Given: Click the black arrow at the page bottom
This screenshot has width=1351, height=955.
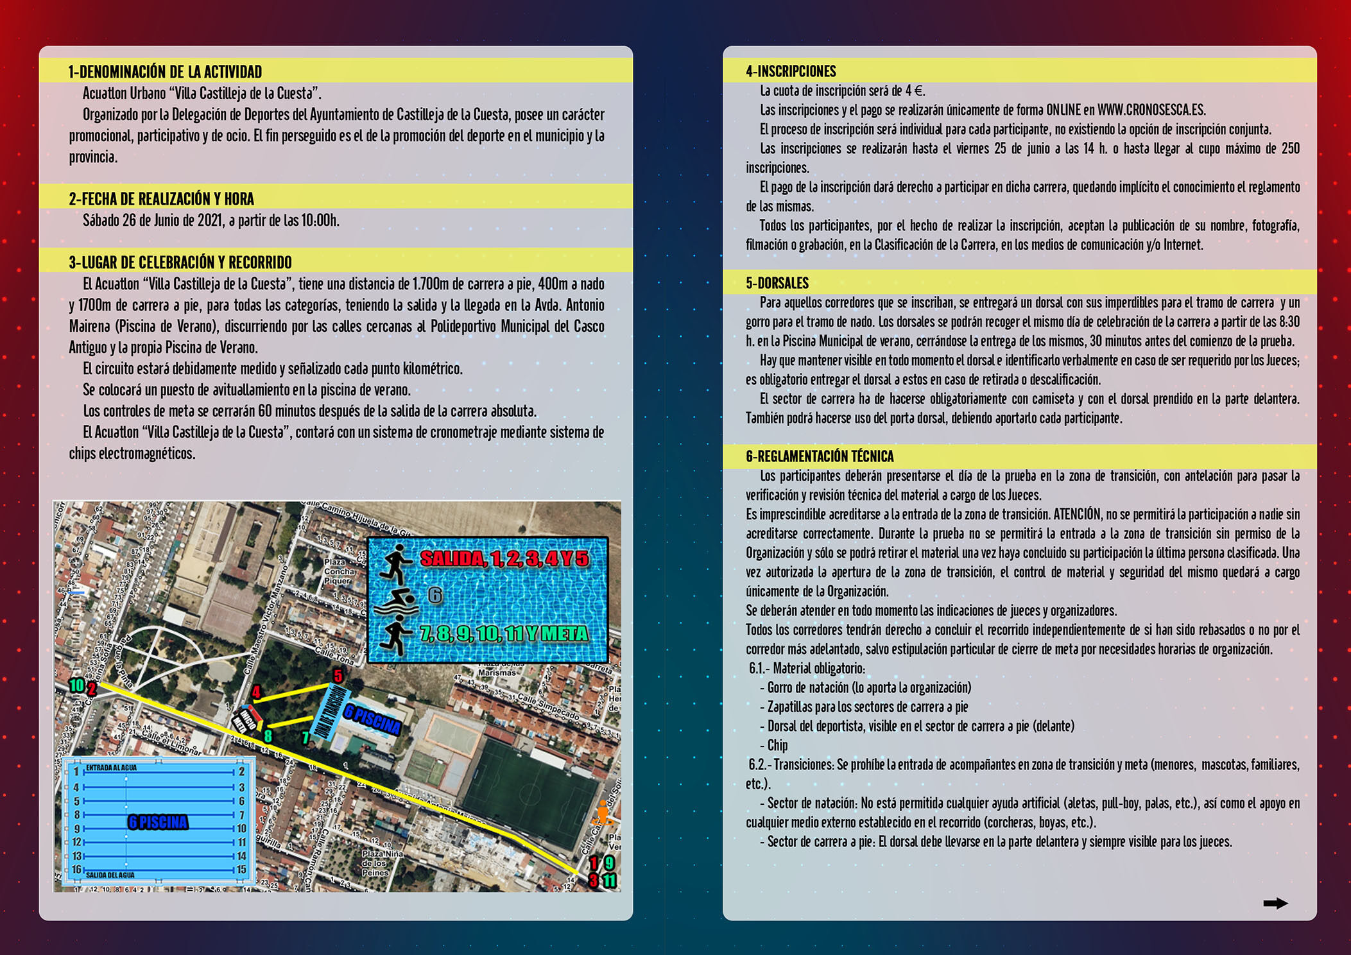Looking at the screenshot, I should click(x=1275, y=903).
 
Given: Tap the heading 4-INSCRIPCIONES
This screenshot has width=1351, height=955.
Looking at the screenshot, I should click(x=791, y=71).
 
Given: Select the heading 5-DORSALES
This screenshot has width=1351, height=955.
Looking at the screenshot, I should click(x=777, y=283).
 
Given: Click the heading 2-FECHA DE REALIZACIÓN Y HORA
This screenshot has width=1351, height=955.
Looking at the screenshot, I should click(x=161, y=199).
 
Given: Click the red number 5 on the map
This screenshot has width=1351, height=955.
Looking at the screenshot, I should click(x=338, y=675).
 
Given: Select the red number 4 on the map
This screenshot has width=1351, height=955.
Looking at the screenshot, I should click(x=256, y=692).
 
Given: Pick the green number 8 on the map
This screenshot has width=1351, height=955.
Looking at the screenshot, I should click(x=268, y=736).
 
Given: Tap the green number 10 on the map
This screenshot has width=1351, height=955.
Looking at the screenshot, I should click(x=76, y=685).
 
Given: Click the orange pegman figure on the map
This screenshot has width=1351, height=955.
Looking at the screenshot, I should click(x=602, y=813).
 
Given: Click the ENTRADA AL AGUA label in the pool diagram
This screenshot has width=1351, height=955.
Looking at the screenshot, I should click(x=111, y=768).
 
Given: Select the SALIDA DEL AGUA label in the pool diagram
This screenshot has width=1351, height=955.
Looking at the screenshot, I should click(x=110, y=875).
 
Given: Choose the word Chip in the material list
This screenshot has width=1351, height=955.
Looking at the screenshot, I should click(x=777, y=745).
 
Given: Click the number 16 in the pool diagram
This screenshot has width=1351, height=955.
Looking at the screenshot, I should click(x=76, y=870).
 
